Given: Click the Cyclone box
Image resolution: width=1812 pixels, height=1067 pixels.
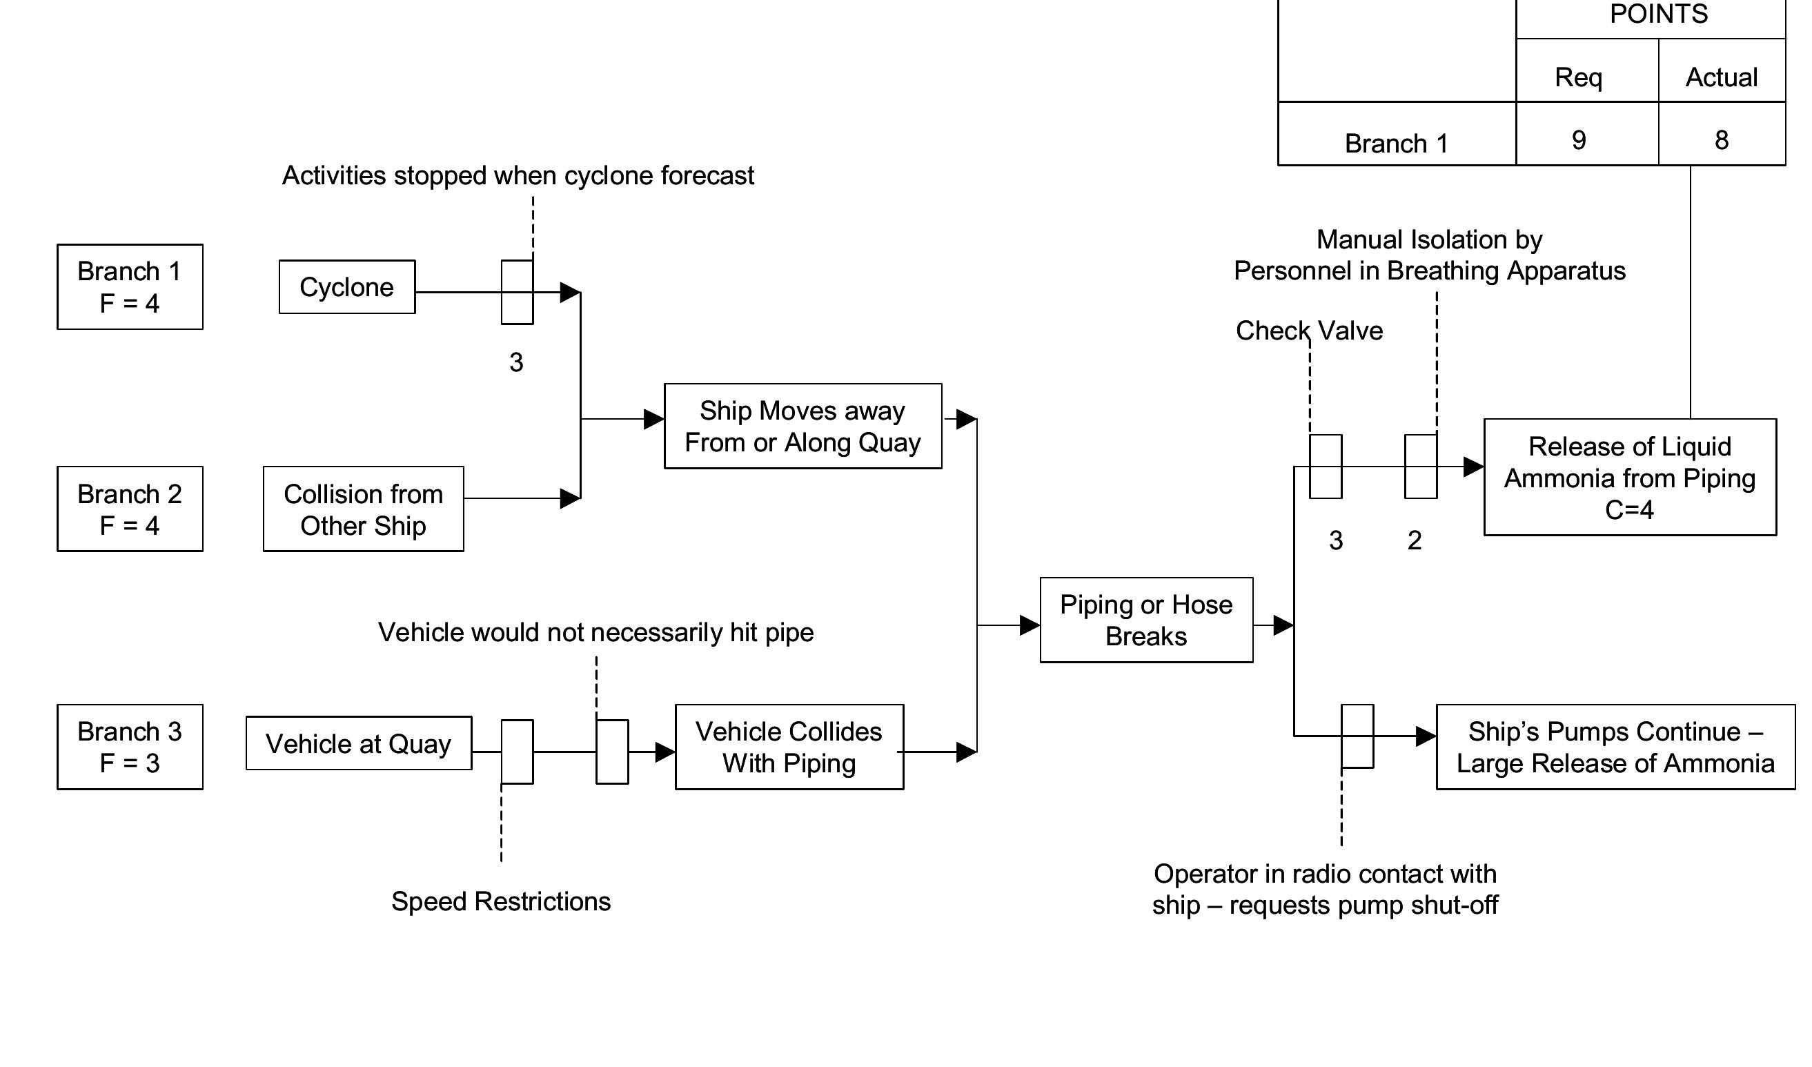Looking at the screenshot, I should tap(346, 287).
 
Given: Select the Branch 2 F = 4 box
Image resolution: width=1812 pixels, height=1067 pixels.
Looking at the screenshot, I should tap(130, 509).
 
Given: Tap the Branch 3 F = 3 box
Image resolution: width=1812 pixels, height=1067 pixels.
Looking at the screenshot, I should tap(130, 746).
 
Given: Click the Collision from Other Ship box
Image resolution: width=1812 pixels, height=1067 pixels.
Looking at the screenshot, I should tap(363, 509).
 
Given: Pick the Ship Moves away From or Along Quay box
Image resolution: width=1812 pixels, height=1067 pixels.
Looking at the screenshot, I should tap(802, 426).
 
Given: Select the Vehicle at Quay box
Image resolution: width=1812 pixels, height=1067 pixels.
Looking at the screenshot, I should tap(358, 743).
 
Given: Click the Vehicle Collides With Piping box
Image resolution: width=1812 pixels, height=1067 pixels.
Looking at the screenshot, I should tap(789, 746).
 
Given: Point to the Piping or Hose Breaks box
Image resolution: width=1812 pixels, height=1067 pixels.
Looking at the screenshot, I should tap(1146, 620).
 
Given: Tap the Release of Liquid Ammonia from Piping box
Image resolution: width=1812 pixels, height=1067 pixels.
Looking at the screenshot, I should tap(1629, 478).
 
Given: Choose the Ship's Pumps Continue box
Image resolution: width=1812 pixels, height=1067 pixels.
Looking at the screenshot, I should tap(1615, 746).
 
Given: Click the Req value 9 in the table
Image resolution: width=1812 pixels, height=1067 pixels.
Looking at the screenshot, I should tap(1578, 139).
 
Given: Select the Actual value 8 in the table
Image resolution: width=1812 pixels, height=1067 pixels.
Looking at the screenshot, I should tap(1722, 139).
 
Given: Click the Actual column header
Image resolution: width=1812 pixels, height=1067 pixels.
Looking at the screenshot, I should tap(1722, 77).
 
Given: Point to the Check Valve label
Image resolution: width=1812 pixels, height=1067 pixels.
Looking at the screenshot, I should tap(1309, 330).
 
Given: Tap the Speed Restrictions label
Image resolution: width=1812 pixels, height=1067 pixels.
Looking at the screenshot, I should tap(500, 901).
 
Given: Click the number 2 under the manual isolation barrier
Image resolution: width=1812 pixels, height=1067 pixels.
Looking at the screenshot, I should tap(1415, 540).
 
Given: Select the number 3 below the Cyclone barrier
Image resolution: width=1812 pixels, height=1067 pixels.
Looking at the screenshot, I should tap(516, 362).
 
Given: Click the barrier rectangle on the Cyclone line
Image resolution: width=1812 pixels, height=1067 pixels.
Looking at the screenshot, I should tap(517, 292).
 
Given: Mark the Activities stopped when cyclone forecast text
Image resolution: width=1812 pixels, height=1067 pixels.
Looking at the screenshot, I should tap(518, 175).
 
